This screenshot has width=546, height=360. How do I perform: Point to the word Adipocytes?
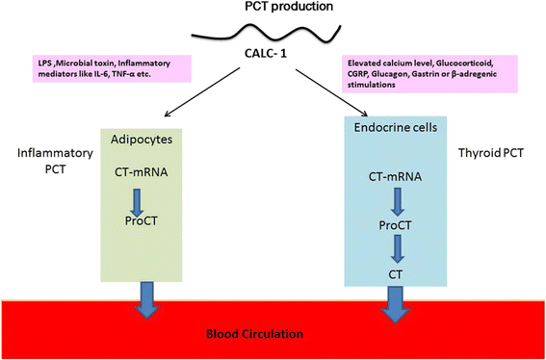click(x=155, y=139)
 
